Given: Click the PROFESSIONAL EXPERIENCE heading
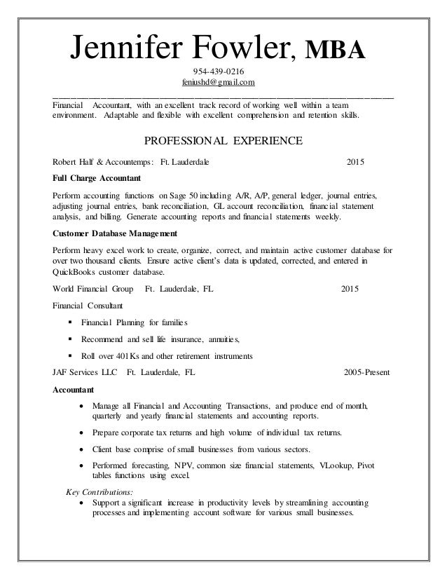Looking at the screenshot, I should coord(223,140).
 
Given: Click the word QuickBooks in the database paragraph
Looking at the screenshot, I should coord(76,272).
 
